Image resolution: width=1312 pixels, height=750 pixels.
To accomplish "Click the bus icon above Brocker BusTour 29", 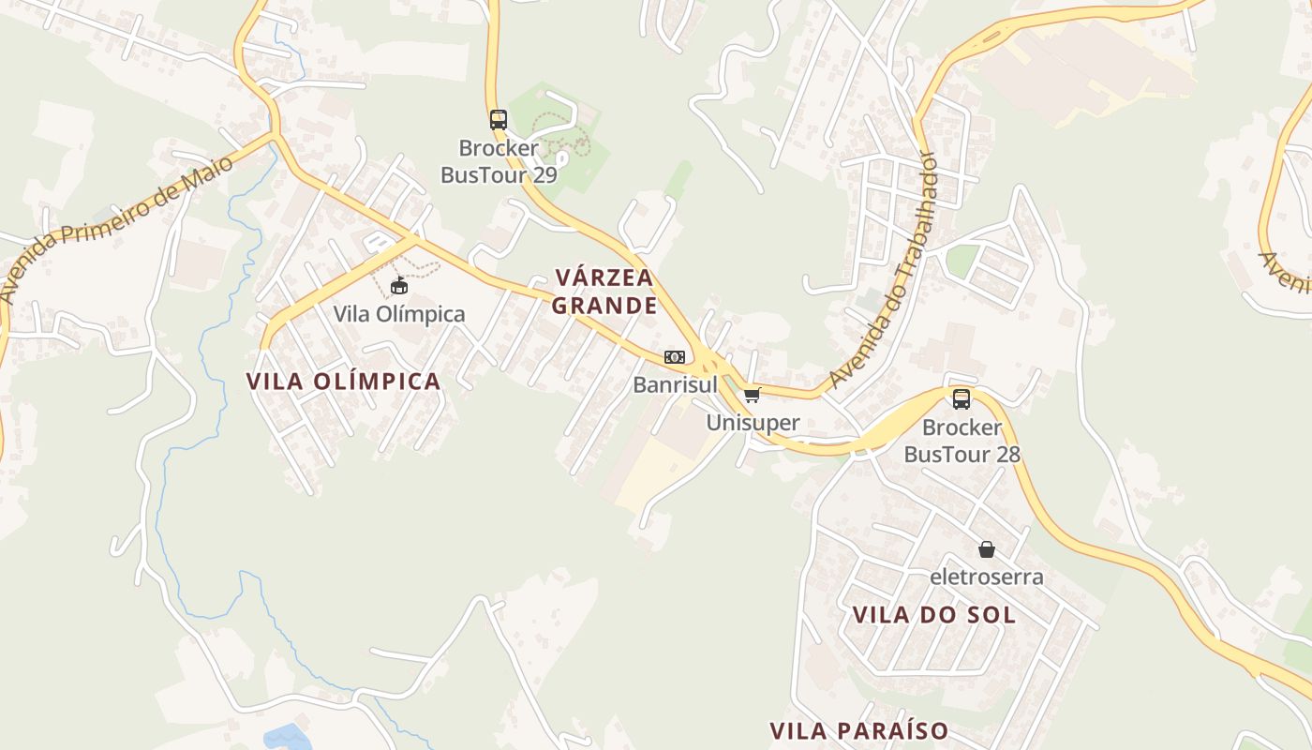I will point(499,120).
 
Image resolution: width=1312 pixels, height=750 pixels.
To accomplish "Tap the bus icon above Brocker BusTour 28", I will point(962,399).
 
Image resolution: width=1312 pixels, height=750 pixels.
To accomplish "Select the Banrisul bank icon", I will point(675,357).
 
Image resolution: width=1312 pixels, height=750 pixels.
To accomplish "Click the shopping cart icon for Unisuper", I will point(753,395).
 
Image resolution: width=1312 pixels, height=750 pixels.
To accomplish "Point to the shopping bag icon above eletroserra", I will point(986,548).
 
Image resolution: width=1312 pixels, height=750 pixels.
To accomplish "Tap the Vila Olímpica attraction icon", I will point(399,285).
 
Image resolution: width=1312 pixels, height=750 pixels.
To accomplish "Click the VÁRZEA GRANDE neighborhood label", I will point(604,292).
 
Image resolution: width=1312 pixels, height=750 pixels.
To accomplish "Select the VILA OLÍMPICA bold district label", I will point(343,381).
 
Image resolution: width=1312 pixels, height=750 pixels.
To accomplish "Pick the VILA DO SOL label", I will point(934,615).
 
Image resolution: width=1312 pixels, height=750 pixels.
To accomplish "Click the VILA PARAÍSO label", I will point(859,730).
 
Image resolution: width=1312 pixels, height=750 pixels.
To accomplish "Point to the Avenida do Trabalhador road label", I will point(884,272).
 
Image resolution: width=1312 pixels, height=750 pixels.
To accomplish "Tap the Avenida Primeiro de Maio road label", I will point(116,231).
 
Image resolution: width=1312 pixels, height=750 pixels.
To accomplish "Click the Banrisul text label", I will point(675,384).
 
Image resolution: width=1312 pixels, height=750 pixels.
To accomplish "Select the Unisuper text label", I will point(753,423).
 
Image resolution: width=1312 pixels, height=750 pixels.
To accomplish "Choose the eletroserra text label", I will point(986,577).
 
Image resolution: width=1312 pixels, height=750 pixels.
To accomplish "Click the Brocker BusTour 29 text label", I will point(499,161).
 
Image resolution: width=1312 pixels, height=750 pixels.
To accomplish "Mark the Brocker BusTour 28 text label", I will point(962,441).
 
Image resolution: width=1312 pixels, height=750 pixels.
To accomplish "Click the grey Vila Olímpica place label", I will point(399,314).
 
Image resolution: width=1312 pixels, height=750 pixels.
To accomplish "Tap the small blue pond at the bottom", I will point(286,737).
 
